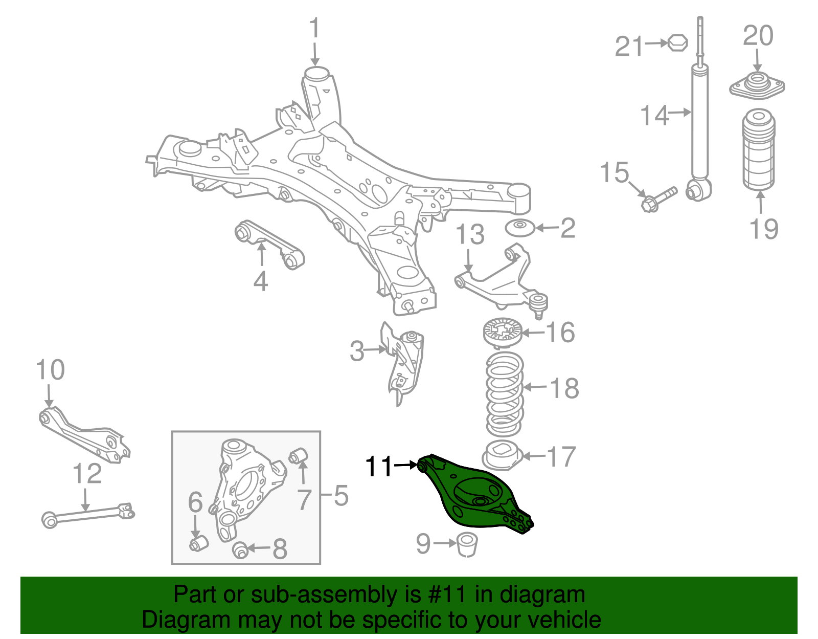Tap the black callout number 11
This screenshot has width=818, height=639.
click(x=379, y=466)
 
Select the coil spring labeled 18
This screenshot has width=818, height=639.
click(x=504, y=394)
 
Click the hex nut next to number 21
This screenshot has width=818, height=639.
click(x=677, y=43)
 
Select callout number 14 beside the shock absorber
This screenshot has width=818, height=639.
click(x=654, y=115)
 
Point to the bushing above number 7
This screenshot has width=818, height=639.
click(x=299, y=455)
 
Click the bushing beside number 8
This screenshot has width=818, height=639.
click(x=241, y=550)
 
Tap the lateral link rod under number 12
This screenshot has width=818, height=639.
click(x=87, y=514)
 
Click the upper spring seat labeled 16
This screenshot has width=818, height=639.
click(x=502, y=332)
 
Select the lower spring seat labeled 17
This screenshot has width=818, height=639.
click(x=502, y=455)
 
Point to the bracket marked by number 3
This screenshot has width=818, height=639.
click(x=404, y=363)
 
